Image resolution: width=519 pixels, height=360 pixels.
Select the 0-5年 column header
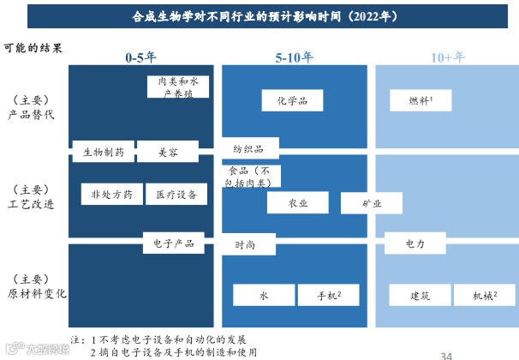(x=140, y=57)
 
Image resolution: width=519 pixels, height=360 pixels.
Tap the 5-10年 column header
(x=294, y=57)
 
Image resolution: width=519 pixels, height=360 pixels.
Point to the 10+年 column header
(x=447, y=57)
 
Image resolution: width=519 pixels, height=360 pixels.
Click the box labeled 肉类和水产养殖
(x=177, y=87)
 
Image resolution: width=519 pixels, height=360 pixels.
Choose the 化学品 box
(x=291, y=100)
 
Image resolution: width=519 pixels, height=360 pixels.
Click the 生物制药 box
(x=104, y=153)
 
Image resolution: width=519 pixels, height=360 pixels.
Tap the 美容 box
(x=168, y=153)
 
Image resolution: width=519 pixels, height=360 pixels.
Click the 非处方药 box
(x=111, y=195)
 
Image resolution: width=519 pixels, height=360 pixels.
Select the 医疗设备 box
(x=176, y=195)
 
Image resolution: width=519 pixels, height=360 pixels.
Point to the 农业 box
(x=297, y=203)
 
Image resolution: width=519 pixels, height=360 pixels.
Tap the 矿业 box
(x=372, y=203)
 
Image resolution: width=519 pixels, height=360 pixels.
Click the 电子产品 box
(x=173, y=243)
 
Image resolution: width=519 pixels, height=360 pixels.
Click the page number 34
(x=446, y=354)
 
